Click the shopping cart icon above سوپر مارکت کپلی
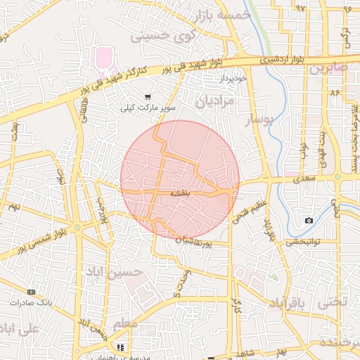(147, 97)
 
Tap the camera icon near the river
(309, 221)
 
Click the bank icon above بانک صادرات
(31, 291)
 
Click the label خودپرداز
(231, 77)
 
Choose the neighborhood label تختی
(333, 303)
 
